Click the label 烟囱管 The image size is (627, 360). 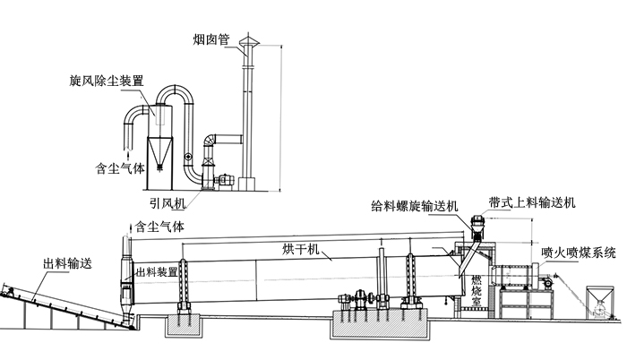[x=210, y=39]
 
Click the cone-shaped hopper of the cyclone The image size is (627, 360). [x=160, y=151]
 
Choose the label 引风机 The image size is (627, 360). [x=169, y=203]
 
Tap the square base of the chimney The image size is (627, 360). [x=248, y=184]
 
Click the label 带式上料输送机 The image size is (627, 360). [x=537, y=204]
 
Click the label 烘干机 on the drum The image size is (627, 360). [x=299, y=247]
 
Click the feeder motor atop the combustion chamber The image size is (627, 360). [x=475, y=222]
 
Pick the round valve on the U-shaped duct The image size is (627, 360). [x=187, y=158]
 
